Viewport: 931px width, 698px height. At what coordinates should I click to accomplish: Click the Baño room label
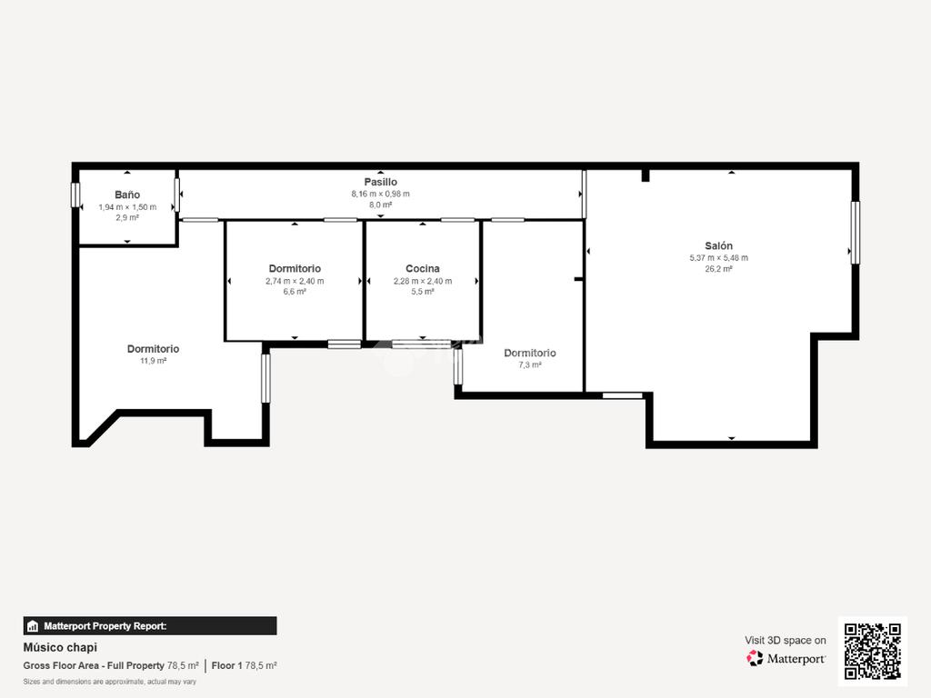click(127, 194)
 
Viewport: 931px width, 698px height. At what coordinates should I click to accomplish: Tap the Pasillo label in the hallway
click(381, 182)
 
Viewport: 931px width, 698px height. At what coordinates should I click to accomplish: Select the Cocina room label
click(423, 268)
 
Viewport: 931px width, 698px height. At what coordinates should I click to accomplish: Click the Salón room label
click(718, 245)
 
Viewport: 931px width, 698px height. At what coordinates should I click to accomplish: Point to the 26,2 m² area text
click(718, 269)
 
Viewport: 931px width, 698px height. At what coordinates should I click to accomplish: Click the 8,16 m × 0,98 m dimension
click(381, 194)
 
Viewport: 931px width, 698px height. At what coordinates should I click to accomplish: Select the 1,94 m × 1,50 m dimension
click(127, 207)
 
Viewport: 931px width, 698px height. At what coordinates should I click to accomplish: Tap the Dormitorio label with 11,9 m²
click(153, 348)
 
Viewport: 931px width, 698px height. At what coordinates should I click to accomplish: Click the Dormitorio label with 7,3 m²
click(530, 353)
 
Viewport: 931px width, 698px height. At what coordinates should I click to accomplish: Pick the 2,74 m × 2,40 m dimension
click(295, 281)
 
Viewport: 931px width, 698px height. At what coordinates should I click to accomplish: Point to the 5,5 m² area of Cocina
click(423, 292)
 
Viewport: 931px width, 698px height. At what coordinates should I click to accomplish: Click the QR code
click(872, 651)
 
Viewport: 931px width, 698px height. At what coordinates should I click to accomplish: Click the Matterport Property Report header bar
click(150, 625)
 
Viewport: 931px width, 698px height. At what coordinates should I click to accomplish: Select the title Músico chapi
click(60, 647)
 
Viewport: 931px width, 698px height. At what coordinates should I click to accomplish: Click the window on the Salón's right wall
click(855, 233)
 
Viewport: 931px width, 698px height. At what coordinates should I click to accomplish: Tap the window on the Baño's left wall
click(75, 194)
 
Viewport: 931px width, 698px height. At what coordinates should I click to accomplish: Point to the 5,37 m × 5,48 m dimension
click(718, 257)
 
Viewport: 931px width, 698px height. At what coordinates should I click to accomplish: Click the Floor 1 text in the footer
click(226, 665)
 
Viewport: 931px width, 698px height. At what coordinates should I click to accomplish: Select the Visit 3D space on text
click(786, 641)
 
